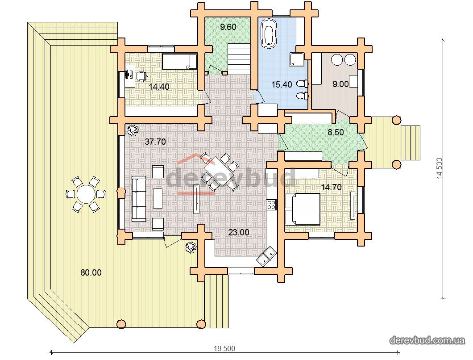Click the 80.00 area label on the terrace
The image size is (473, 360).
[x=91, y=272]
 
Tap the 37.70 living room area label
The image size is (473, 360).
[x=155, y=141]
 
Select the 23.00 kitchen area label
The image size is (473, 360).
[x=239, y=232]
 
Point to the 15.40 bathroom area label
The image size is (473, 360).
[x=282, y=84]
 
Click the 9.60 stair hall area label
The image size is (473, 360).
[x=228, y=27]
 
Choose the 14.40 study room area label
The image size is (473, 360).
[x=159, y=87]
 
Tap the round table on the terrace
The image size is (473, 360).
[x=85, y=194]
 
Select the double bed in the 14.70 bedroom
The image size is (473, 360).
[x=302, y=209]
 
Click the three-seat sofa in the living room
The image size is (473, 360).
[x=139, y=199]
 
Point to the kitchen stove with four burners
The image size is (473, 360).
[x=271, y=205]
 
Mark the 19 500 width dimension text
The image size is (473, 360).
[x=224, y=348]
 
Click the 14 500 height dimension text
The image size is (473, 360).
[x=440, y=168]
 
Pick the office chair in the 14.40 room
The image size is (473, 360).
[x=141, y=76]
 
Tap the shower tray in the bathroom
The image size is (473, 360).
[x=297, y=59]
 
